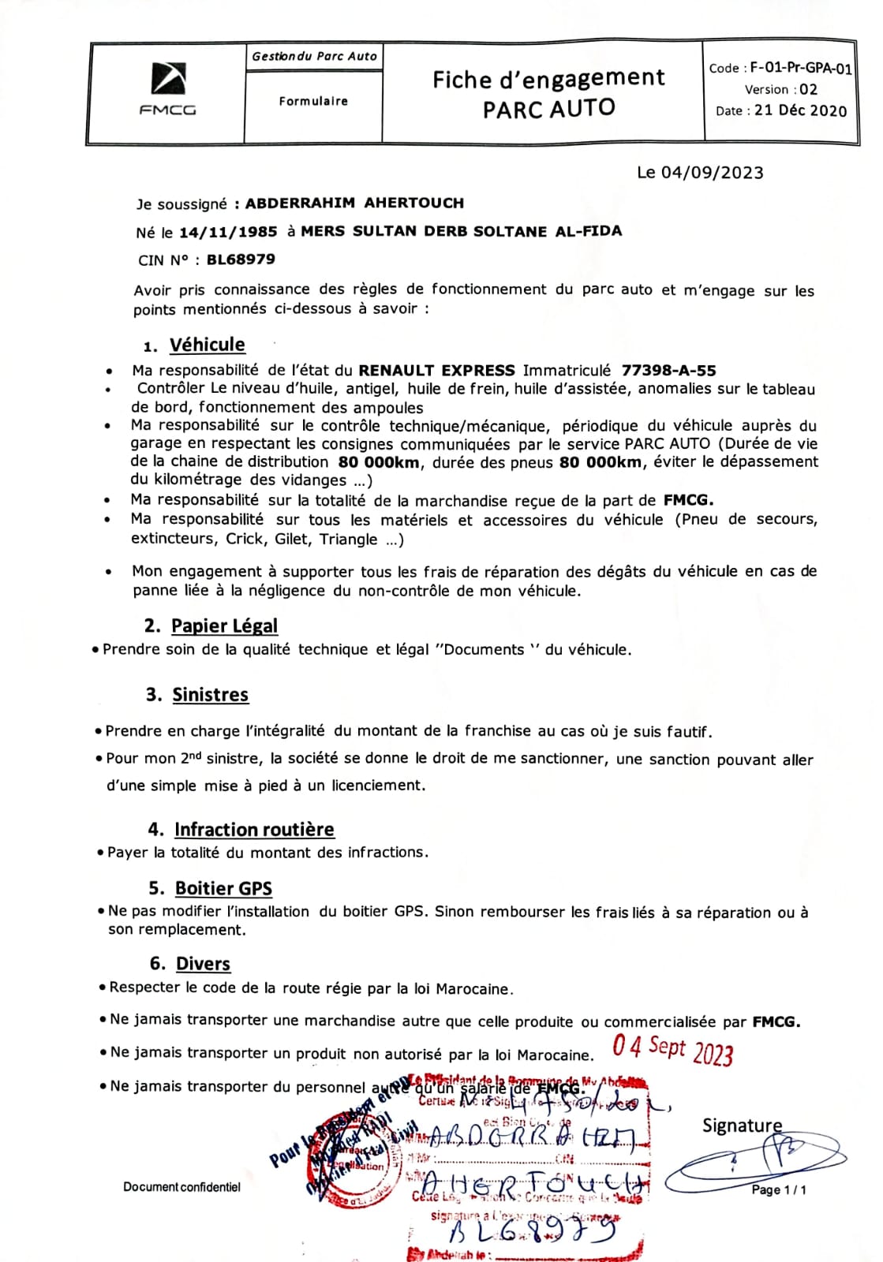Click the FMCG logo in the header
167,89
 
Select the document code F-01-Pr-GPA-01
800,68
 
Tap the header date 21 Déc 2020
800,110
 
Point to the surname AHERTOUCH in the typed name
413,203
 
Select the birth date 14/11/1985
228,232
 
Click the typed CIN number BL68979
241,259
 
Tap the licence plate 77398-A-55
668,370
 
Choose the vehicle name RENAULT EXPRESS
436,370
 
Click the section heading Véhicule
207,345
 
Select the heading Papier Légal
224,625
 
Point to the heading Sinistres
210,695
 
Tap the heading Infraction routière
254,830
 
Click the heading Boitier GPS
223,888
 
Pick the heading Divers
203,964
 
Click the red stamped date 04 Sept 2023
672,1050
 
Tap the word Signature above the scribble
742,1126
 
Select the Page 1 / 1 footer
778,1189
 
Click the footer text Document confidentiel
181,1187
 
